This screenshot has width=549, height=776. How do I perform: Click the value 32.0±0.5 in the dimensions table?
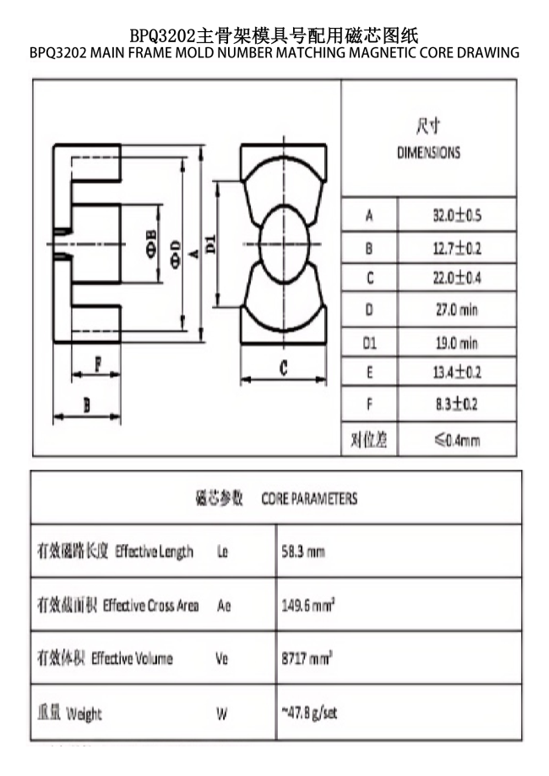[x=456, y=215]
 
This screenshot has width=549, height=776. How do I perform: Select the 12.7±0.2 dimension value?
[x=456, y=249]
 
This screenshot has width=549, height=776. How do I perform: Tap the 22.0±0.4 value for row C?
[x=456, y=278]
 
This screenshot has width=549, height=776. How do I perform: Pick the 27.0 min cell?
[x=456, y=310]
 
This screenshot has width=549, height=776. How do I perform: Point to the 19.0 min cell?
[x=456, y=343]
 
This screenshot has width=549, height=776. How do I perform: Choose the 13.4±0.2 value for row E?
[x=456, y=372]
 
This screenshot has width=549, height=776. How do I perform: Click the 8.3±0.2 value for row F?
[x=456, y=404]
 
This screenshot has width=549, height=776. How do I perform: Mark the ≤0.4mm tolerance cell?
[x=456, y=439]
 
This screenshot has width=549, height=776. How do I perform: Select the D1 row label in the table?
[x=369, y=343]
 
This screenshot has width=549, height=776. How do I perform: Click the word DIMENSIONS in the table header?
[x=428, y=154]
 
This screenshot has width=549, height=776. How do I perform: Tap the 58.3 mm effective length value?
[x=303, y=552]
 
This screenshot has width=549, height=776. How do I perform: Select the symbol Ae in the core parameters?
[x=224, y=605]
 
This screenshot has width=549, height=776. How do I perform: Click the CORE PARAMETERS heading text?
[x=309, y=498]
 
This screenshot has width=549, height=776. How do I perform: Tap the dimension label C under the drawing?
[x=284, y=368]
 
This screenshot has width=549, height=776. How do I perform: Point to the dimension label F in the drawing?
[x=97, y=365]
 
